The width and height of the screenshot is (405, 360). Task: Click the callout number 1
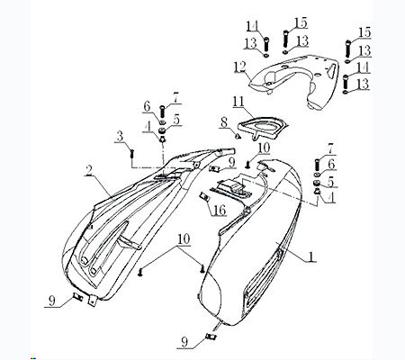tap(311, 256)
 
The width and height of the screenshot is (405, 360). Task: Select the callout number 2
tap(89, 171)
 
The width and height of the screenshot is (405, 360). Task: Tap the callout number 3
tap(120, 137)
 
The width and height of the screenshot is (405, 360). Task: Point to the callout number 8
tap(223, 122)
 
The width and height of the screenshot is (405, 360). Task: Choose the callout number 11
tap(238, 102)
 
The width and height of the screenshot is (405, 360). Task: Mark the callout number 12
tap(240, 67)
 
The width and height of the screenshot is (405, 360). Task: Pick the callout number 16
tap(220, 210)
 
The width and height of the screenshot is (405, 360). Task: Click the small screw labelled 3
tap(131, 154)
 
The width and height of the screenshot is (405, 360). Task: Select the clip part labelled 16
tap(204, 197)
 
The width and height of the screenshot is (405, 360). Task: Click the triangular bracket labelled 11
tap(263, 129)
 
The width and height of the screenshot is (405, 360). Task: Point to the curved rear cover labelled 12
tap(295, 81)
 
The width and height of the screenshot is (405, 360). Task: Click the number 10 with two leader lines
tap(184, 239)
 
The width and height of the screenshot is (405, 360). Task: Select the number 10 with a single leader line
tap(264, 148)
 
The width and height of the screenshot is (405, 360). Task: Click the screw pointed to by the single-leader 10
tap(248, 164)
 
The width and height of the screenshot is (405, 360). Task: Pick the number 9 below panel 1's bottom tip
tap(184, 342)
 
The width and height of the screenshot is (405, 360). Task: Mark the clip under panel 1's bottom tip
tap(211, 337)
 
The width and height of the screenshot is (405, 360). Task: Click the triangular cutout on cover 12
tap(331, 68)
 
